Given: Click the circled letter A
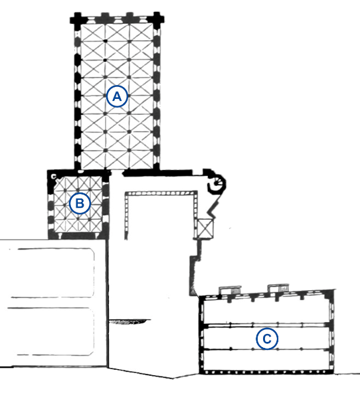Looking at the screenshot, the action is pyautogui.click(x=117, y=96).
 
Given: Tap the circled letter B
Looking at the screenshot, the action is pyautogui.click(x=80, y=204).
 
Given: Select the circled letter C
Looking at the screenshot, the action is pyautogui.click(x=267, y=339).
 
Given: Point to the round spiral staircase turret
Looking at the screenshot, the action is pyautogui.click(x=217, y=183).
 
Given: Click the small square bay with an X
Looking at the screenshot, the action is pyautogui.click(x=205, y=228).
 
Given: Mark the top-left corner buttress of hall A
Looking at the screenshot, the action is pyautogui.click(x=76, y=19).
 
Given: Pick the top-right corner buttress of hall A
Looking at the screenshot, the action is pyautogui.click(x=158, y=19).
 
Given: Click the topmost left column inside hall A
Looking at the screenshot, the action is pyautogui.click(x=105, y=40).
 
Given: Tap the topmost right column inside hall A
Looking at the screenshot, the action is pyautogui.click(x=129, y=41).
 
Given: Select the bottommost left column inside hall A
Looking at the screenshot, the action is pyautogui.click(x=105, y=151).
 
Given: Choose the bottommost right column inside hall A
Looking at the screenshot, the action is pyautogui.click(x=130, y=151).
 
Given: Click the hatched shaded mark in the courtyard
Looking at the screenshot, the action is pyautogui.click(x=130, y=321).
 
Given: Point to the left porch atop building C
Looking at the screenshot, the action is pyautogui.click(x=230, y=290).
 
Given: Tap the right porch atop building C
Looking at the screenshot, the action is pyautogui.click(x=278, y=287).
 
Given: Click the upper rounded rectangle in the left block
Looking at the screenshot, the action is pyautogui.click(x=52, y=273).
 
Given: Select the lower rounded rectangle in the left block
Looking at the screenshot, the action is pyautogui.click(x=50, y=331).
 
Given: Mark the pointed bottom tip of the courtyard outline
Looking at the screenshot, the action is pyautogui.click(x=173, y=378).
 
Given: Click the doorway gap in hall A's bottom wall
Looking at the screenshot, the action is pyautogui.click(x=117, y=173).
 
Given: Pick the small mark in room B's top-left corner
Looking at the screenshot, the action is pyautogui.click(x=53, y=176).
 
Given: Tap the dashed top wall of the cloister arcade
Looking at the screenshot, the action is pyautogui.click(x=161, y=193).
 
